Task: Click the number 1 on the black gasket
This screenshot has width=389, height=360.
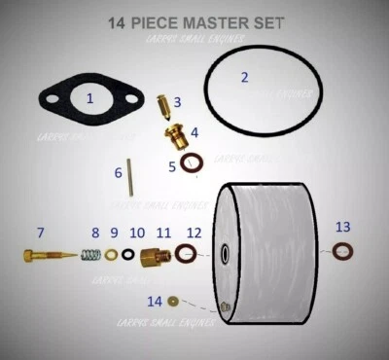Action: (90, 98)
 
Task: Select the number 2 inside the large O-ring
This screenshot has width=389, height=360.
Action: (244, 77)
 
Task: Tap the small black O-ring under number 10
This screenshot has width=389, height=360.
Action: (128, 256)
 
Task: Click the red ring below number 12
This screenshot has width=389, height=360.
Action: (186, 255)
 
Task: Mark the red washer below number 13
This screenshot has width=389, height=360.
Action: (341, 252)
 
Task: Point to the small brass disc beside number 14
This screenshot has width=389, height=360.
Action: (175, 302)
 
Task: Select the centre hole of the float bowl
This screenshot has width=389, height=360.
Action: (226, 254)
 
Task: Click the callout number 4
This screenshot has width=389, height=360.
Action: (194, 131)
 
